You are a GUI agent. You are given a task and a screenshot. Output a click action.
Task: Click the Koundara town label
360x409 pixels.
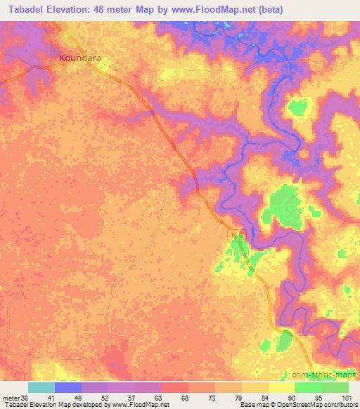click(81, 58)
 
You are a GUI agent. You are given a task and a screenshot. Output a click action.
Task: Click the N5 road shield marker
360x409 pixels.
click(238, 236)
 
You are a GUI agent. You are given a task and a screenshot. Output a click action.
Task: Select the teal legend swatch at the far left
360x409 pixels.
click(41, 387)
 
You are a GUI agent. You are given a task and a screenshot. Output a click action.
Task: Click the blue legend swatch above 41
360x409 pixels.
click(67, 387)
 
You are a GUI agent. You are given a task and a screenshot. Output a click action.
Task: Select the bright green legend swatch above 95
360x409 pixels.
click(308, 387)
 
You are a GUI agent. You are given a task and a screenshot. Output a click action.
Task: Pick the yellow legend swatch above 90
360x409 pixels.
click(281, 387)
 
